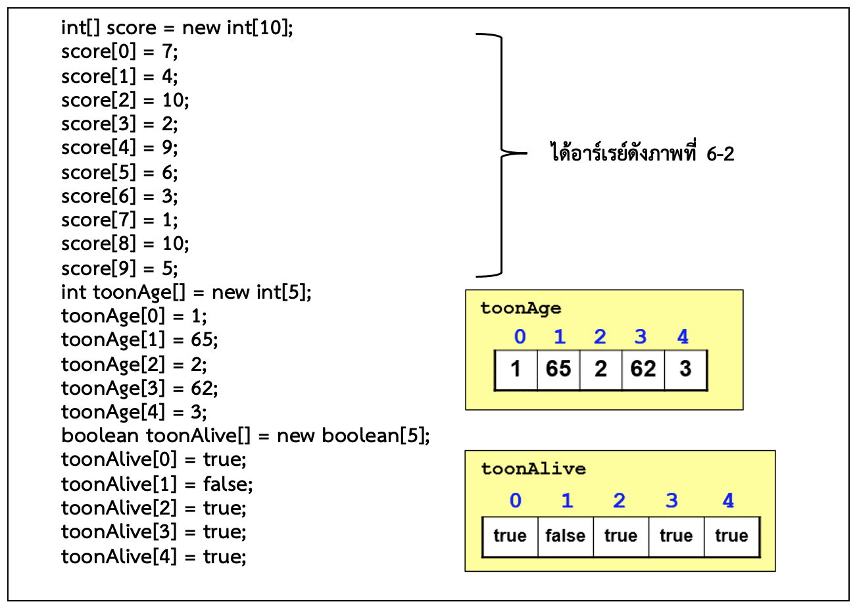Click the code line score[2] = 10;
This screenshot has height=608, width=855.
(x=125, y=101)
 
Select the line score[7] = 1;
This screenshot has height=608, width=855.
(x=120, y=220)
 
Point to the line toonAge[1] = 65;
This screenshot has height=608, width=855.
(x=139, y=340)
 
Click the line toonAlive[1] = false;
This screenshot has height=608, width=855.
(x=157, y=484)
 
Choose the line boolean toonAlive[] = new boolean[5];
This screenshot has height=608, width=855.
(x=245, y=436)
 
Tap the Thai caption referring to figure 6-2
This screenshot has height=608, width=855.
(x=641, y=155)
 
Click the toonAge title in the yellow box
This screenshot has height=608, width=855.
(x=520, y=308)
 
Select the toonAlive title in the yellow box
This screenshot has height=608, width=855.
(x=533, y=469)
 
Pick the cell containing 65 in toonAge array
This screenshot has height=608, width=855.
(x=558, y=369)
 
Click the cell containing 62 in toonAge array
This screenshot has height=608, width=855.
(x=643, y=369)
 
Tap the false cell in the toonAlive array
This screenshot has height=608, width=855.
(x=565, y=536)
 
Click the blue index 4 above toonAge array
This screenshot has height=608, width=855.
(x=683, y=338)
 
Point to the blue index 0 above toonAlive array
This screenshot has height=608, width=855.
(x=516, y=501)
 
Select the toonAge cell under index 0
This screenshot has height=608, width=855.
(x=516, y=369)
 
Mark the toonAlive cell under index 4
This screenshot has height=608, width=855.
(x=731, y=536)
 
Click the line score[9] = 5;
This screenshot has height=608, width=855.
(x=120, y=268)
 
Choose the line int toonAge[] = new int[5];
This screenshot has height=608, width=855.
(x=186, y=291)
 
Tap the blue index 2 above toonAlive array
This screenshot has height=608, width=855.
(x=619, y=501)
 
